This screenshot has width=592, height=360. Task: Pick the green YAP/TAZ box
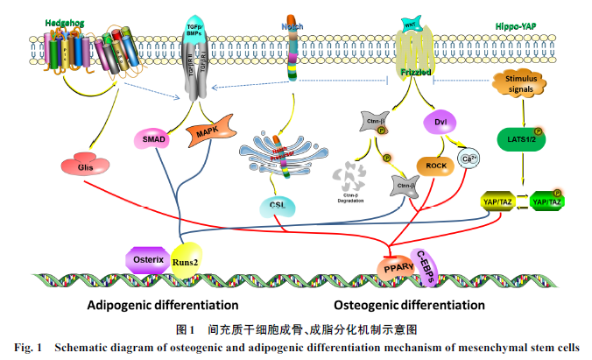[549, 202]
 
